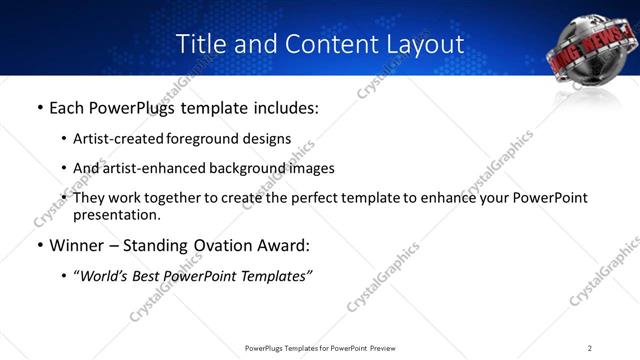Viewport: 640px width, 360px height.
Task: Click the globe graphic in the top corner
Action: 591,53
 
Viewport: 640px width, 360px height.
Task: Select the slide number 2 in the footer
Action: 590,348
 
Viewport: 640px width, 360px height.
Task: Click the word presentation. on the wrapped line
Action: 116,214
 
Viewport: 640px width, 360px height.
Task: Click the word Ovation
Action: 221,245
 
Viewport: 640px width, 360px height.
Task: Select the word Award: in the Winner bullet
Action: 283,245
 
